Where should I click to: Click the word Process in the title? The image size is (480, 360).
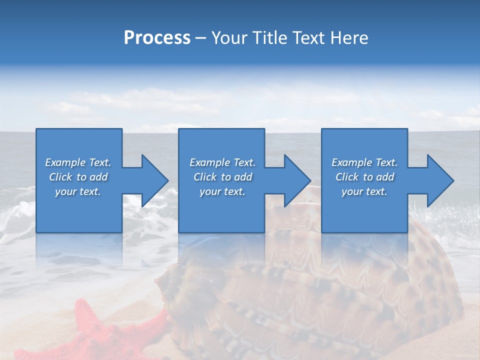click(157, 38)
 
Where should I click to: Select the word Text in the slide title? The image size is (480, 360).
click(308, 38)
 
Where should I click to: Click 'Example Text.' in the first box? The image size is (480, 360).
click(78, 162)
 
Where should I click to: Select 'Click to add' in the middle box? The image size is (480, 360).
click(222, 177)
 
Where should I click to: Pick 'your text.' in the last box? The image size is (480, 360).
click(364, 191)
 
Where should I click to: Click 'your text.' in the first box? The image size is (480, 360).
click(78, 191)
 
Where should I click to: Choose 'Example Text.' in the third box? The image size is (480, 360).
click(364, 162)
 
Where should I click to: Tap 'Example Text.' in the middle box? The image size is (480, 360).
click(222, 162)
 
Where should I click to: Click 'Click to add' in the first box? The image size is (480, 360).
click(78, 177)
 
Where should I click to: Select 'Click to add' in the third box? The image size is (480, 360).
click(364, 177)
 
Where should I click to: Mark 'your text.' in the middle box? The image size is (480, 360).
click(222, 191)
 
